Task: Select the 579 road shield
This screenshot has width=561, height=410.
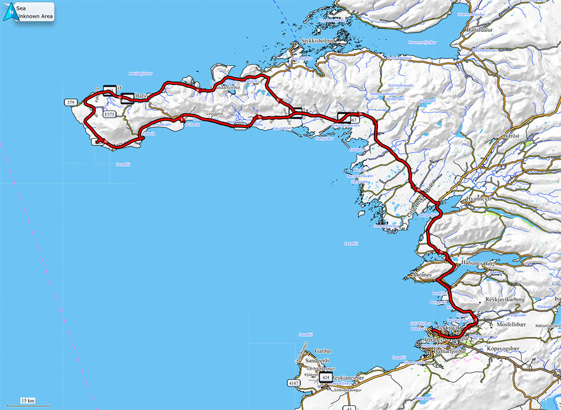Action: (x=71, y=103)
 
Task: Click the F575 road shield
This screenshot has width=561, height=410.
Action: (x=111, y=113)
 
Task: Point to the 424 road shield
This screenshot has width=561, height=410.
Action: (x=325, y=378)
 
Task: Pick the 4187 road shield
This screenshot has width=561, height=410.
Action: (x=293, y=383)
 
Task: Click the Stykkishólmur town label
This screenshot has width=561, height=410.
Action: (x=319, y=41)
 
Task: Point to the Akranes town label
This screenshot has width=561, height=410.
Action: (x=421, y=276)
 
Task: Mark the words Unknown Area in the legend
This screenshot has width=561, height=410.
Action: (x=35, y=17)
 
